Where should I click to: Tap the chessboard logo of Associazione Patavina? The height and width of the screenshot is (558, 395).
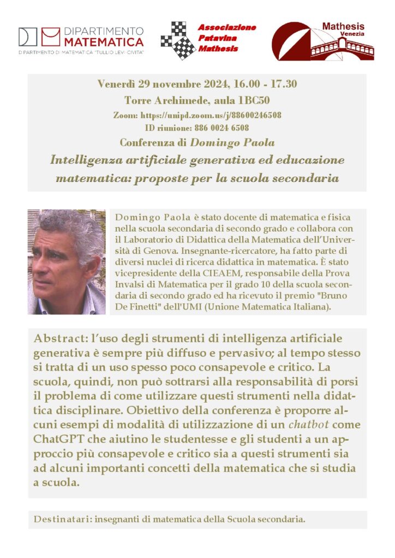[177, 40]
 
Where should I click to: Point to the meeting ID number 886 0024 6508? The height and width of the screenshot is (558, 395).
[222, 128]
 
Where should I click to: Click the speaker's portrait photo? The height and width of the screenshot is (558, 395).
[67, 262]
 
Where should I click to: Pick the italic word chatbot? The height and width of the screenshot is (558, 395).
[309, 424]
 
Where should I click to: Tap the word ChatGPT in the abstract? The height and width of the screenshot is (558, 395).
[58, 439]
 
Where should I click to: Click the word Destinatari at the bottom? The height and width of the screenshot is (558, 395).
[61, 519]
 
